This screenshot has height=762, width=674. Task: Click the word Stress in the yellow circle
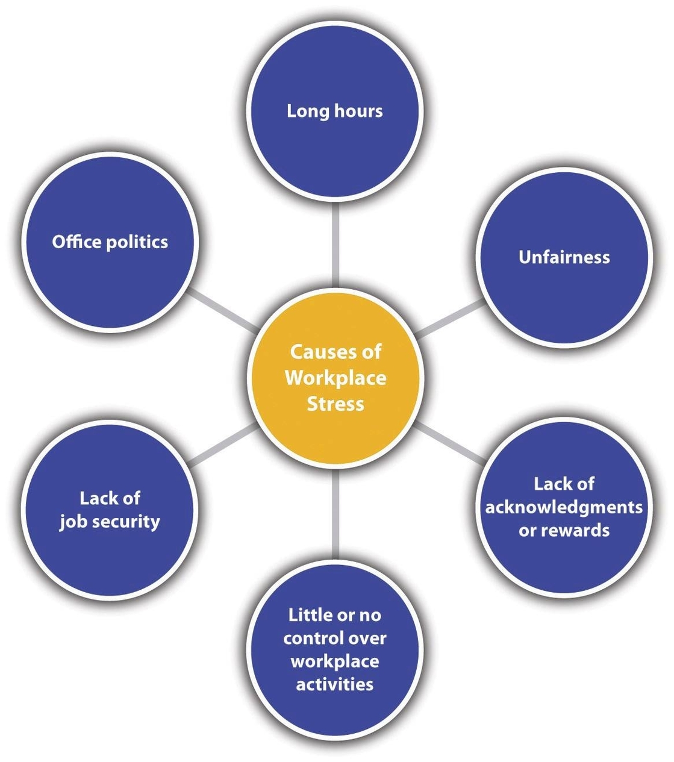click(x=335, y=403)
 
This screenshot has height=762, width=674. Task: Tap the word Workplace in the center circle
click(x=335, y=378)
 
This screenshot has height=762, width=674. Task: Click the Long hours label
click(x=335, y=111)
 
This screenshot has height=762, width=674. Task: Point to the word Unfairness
click(x=564, y=257)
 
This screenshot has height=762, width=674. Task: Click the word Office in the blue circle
click(x=76, y=242)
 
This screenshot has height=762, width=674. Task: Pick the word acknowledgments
click(x=564, y=507)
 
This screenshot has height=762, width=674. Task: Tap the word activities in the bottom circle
click(x=335, y=684)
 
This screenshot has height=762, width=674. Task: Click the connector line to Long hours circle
click(x=335, y=244)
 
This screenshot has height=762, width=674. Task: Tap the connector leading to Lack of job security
click(x=222, y=445)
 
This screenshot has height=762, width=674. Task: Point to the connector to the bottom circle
click(x=335, y=512)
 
